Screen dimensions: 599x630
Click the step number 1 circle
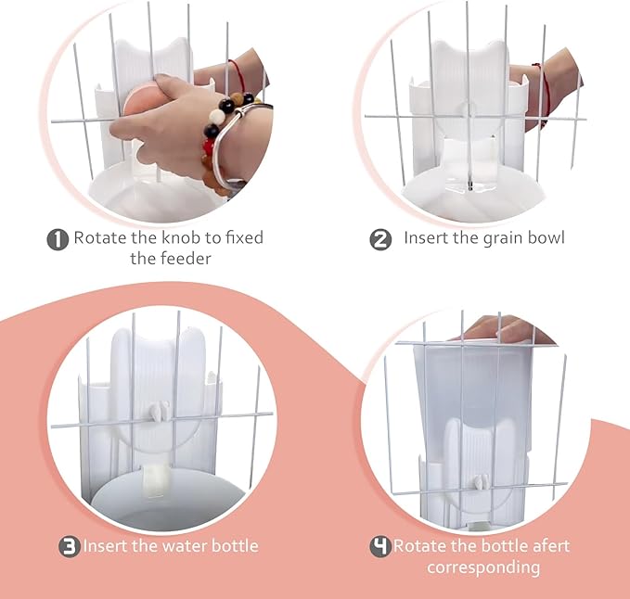(x=58, y=239)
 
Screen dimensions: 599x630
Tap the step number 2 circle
(x=380, y=239)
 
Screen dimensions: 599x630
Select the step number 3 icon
(x=70, y=546)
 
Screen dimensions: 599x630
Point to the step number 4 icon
(x=380, y=546)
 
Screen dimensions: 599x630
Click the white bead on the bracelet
(x=216, y=117)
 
